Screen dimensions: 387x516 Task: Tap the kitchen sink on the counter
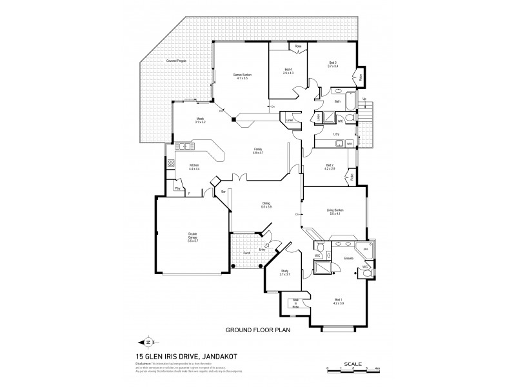point(185,147)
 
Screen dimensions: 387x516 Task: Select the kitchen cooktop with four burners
point(171,164)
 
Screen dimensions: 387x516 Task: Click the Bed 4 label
point(288,70)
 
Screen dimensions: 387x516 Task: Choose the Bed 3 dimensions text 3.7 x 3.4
point(333,66)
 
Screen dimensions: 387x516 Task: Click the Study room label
point(285,271)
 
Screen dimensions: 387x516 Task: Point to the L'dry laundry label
point(336,134)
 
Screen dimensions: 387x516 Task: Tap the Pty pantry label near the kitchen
point(177,188)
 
